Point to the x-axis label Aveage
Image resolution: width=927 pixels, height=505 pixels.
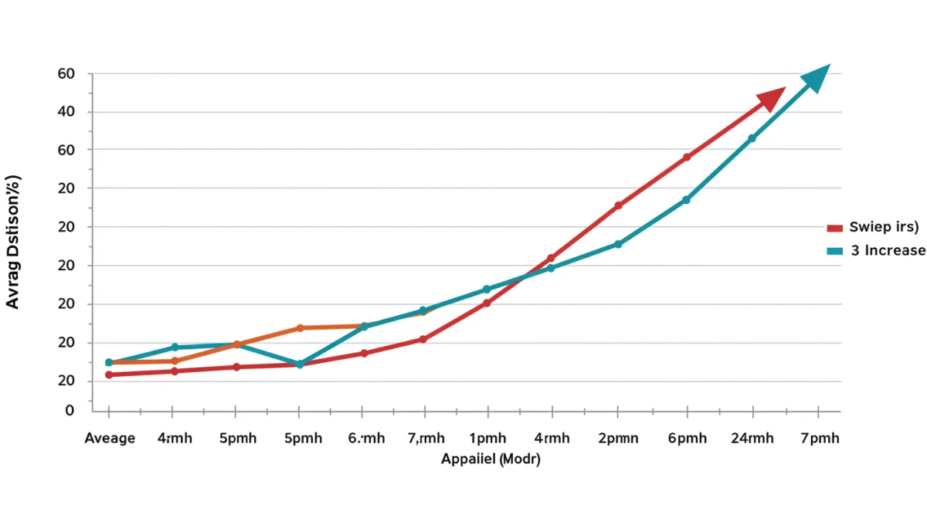(x=110, y=439)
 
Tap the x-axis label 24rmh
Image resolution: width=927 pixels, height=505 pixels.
(x=752, y=439)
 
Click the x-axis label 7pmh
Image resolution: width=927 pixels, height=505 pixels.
(x=819, y=439)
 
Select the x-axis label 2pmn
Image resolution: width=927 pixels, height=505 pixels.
(x=618, y=439)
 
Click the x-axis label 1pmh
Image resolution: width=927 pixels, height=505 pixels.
(x=487, y=439)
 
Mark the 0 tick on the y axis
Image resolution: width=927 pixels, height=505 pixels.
(x=70, y=411)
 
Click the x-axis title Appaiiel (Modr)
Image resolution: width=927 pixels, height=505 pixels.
(x=490, y=459)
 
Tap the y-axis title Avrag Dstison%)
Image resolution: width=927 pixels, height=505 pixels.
(x=12, y=242)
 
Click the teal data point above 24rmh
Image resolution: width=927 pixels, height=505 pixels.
(x=752, y=138)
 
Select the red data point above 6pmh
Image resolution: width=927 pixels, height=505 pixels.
(x=686, y=158)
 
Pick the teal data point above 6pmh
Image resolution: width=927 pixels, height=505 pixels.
(x=686, y=200)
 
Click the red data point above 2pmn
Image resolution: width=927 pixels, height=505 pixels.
(x=618, y=205)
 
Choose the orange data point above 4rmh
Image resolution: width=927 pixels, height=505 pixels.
(x=175, y=361)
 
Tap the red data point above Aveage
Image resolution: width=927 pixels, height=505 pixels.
(x=109, y=375)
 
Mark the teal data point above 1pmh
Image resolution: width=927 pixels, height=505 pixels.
(x=487, y=289)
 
